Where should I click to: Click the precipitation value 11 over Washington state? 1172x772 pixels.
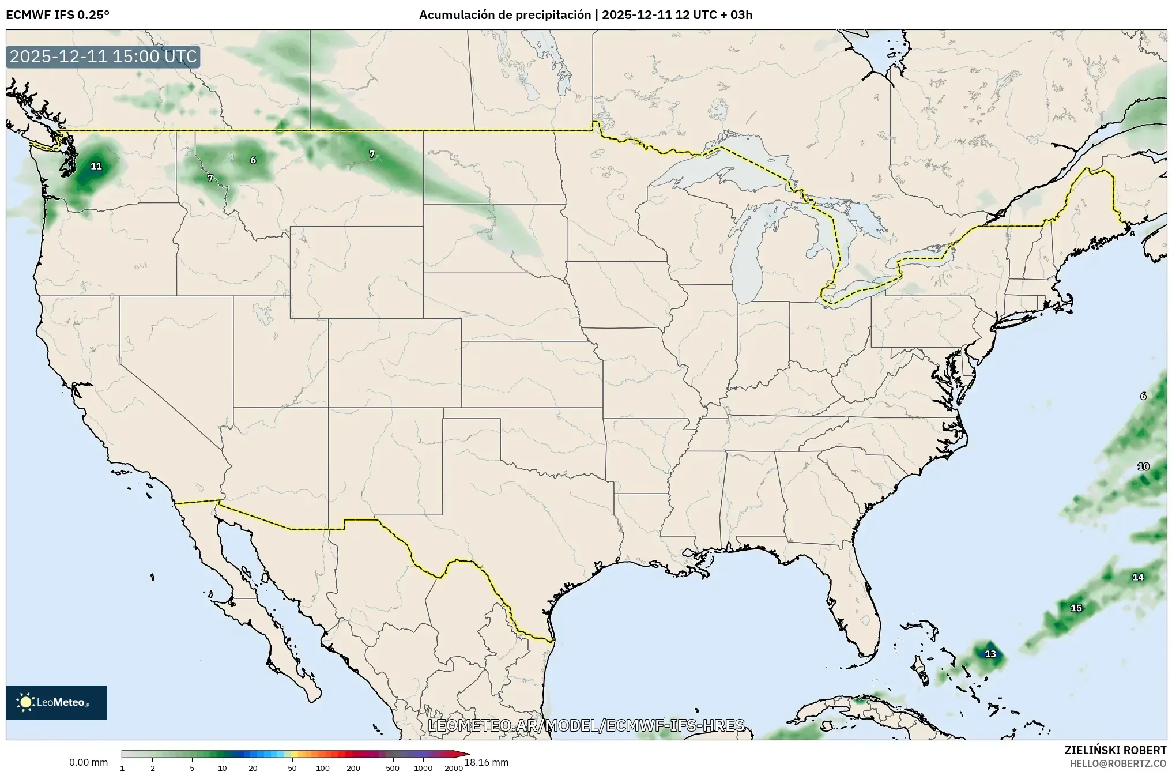coord(96,167)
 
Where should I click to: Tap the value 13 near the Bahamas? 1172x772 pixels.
coord(990,654)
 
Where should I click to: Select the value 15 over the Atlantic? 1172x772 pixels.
coord(1076,608)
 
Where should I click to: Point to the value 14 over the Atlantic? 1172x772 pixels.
coord(1137,577)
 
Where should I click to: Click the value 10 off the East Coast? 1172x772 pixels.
coord(1143,467)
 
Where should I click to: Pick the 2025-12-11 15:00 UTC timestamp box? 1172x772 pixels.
coord(103,57)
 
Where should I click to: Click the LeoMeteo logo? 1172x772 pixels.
coord(56,702)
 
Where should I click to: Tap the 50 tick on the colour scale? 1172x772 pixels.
coord(292,767)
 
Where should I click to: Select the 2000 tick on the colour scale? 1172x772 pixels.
coord(454,767)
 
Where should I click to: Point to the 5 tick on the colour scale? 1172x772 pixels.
coord(192,767)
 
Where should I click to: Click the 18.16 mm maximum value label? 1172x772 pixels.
coord(486,763)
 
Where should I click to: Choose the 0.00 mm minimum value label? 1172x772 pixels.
coord(88,763)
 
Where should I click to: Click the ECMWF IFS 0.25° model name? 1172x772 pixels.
coord(57,15)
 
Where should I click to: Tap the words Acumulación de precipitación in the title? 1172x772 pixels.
coord(506,15)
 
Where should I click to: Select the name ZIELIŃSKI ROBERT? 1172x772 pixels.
coord(1115,750)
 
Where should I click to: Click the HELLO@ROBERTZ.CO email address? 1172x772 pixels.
coord(1118,763)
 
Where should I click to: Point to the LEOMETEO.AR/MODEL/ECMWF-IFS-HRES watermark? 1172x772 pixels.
coord(586,725)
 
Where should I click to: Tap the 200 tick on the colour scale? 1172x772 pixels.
coord(353,767)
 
